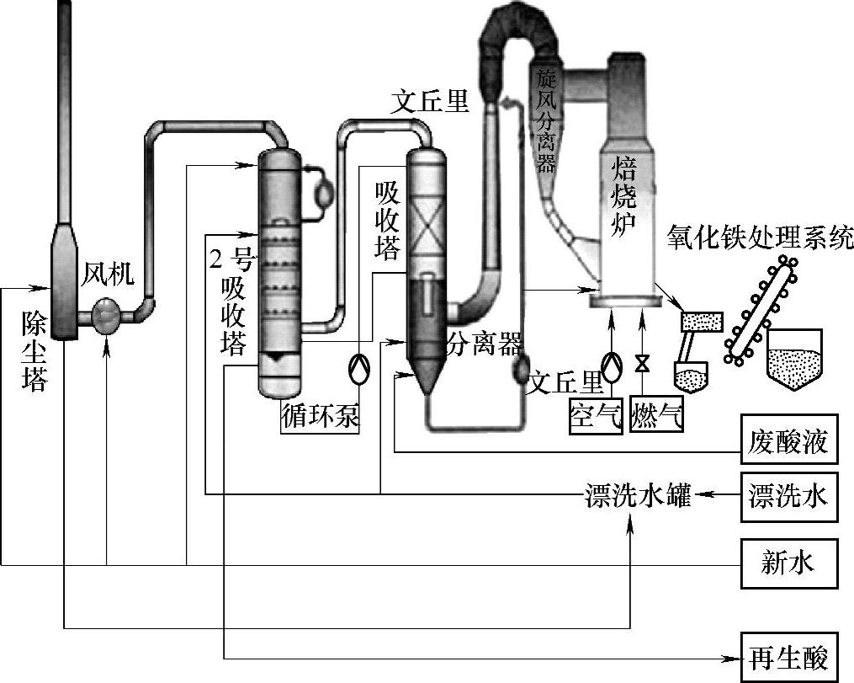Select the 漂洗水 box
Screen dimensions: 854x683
(x=788, y=497)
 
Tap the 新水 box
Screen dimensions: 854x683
(x=788, y=563)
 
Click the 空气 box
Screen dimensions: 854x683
(x=596, y=416)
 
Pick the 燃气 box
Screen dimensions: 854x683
(x=657, y=416)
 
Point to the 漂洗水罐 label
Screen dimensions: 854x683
(x=637, y=495)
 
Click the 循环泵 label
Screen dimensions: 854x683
(x=321, y=416)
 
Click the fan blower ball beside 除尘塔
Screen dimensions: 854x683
(x=107, y=316)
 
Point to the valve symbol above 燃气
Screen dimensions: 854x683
(x=643, y=362)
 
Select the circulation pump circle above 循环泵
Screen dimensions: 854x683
(x=359, y=369)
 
